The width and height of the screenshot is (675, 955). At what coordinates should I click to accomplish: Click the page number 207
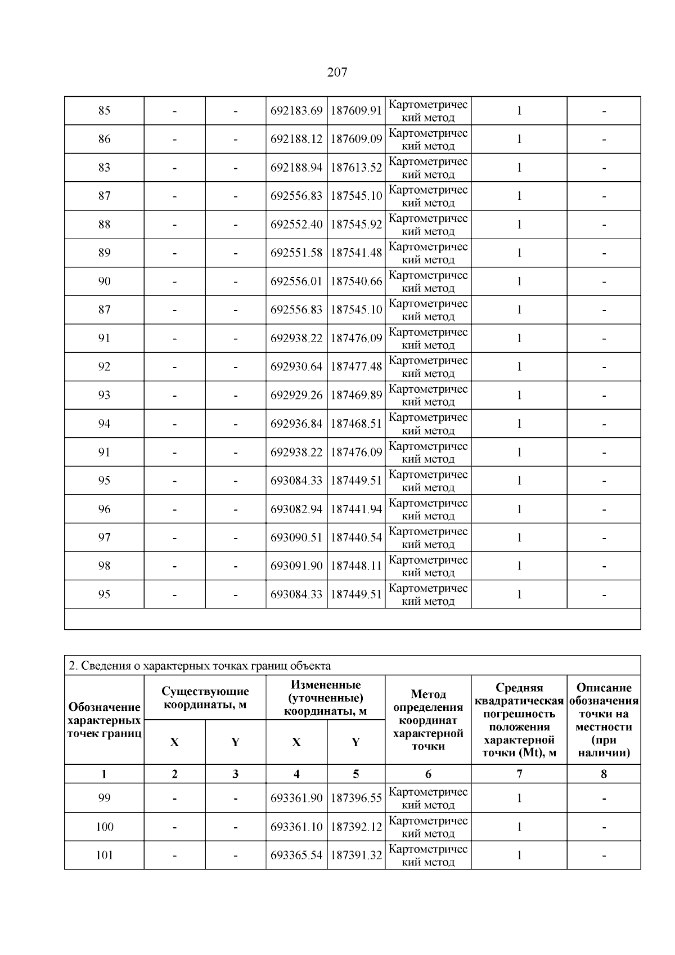coord(337,72)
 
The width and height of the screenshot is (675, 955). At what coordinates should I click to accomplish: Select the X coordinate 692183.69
coord(296,111)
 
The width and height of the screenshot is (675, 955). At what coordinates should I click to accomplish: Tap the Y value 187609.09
coord(356,139)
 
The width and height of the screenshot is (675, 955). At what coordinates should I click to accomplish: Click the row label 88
coord(105,225)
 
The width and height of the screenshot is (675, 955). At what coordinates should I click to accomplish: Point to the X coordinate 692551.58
coord(296,253)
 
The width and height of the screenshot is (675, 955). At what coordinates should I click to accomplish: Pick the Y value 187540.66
coord(356,281)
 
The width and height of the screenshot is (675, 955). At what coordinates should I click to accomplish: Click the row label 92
coord(105,367)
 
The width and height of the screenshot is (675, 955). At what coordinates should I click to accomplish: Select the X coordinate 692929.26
coord(296,395)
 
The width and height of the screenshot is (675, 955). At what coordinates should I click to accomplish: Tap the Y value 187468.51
coord(356,424)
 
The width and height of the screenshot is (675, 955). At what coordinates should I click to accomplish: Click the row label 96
coord(105,509)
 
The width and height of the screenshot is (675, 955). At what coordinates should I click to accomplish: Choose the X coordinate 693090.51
coord(296,537)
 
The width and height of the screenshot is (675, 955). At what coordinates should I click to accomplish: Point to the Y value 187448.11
coord(356,566)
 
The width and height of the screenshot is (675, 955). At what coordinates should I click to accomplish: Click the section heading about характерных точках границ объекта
coord(200,666)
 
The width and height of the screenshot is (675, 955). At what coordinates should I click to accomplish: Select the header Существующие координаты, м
coord(205,698)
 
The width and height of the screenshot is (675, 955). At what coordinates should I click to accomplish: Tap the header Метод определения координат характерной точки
coord(428,720)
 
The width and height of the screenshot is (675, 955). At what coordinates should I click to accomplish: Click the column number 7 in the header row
coord(519,774)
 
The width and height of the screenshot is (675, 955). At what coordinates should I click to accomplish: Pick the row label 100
coord(105,827)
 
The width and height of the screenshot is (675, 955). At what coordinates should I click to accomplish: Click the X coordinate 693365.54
coord(296,855)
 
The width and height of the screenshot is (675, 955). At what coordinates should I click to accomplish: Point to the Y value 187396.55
coord(356,798)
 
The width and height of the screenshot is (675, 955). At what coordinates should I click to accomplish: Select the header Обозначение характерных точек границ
coord(105,720)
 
